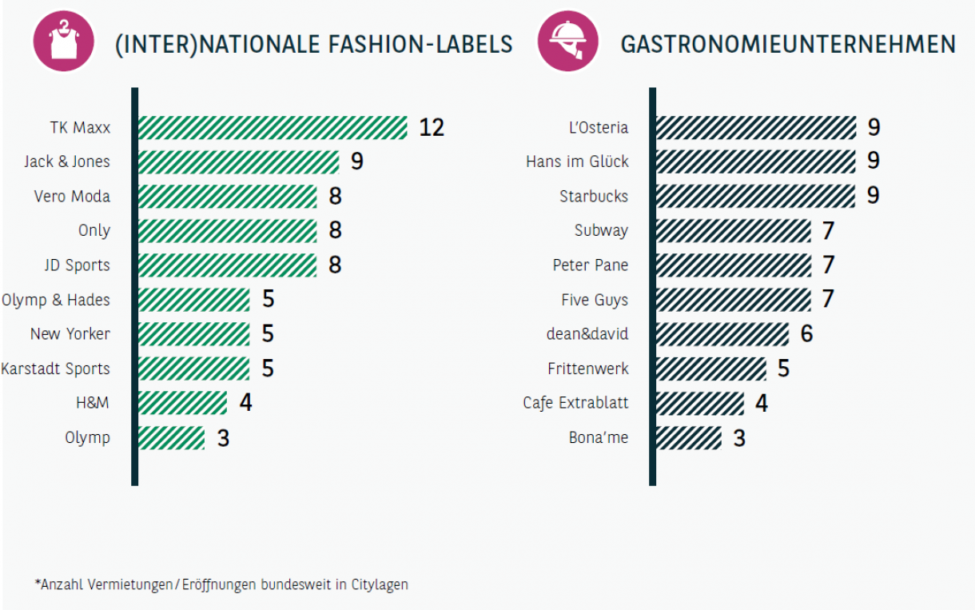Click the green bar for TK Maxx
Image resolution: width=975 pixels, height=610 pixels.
[x=273, y=127]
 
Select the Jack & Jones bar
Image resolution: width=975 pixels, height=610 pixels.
[x=238, y=161]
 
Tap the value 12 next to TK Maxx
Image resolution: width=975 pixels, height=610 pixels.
[x=431, y=127]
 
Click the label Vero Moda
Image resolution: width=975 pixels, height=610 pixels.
[x=72, y=196]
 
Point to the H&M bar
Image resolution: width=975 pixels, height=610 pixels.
[x=182, y=402]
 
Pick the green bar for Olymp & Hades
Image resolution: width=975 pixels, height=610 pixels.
[x=193, y=300]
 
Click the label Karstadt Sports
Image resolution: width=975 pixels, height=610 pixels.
[x=55, y=369]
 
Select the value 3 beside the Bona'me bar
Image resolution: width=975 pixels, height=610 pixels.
[x=739, y=438]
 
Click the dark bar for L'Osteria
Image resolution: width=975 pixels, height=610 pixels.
[x=755, y=127]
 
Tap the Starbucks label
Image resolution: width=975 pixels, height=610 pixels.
[x=594, y=196]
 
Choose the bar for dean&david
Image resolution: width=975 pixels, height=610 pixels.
[x=722, y=333]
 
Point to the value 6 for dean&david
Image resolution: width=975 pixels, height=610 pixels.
[x=806, y=333]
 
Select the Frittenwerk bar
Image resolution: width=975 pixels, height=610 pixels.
[x=710, y=369]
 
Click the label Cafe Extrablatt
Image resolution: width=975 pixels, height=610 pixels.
[x=575, y=402]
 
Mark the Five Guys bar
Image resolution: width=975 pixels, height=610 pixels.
[x=733, y=300]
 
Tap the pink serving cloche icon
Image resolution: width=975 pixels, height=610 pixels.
[x=568, y=41]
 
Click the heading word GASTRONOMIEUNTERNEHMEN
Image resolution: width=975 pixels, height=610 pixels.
[x=788, y=44]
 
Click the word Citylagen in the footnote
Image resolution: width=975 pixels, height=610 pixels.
[x=380, y=584]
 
